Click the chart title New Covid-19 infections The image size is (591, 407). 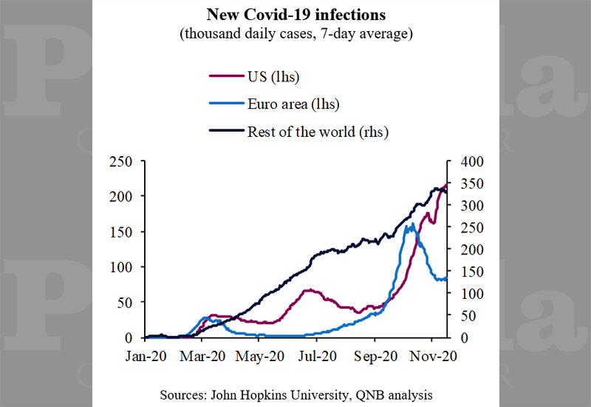(296, 15)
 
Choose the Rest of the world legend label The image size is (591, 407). (318, 132)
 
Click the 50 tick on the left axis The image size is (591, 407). (126, 302)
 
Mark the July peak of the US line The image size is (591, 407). (309, 290)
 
